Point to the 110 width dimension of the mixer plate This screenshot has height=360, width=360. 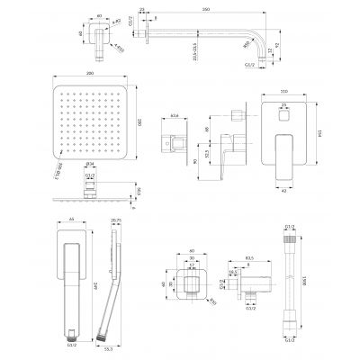pyautogui.click(x=284, y=92)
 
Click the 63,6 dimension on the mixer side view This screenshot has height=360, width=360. pyautogui.click(x=174, y=116)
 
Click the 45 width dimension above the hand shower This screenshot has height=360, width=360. pyautogui.click(x=71, y=220)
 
